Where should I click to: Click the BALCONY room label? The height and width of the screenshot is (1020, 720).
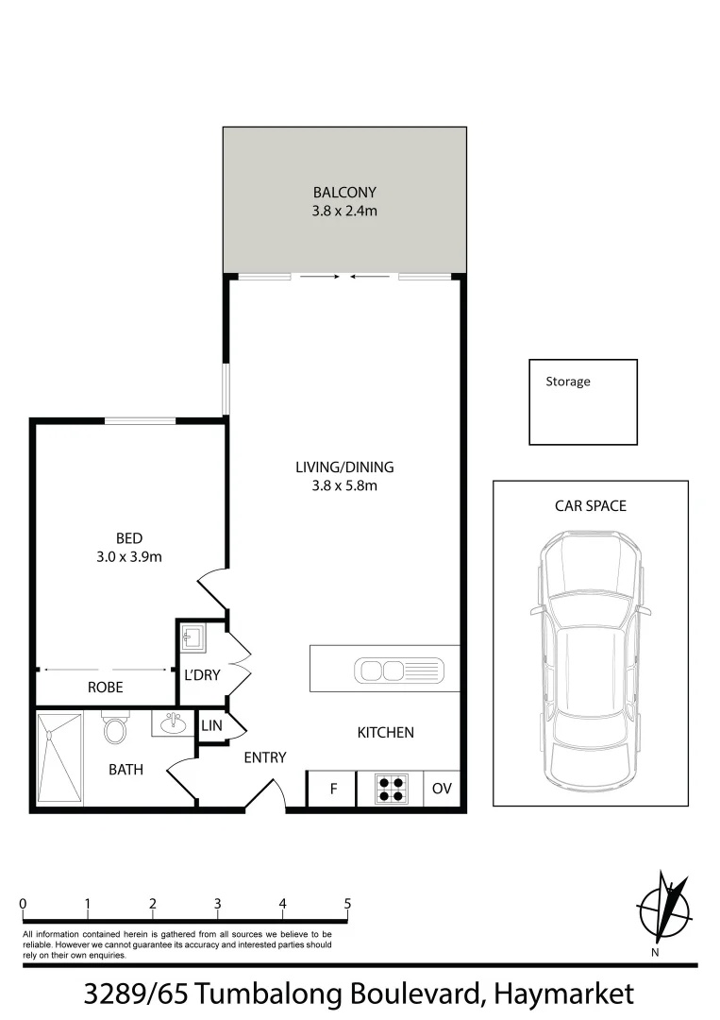coord(344,193)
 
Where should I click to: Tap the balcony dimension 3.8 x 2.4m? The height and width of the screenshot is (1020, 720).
coord(344,212)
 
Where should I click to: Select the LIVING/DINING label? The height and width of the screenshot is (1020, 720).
coord(344,467)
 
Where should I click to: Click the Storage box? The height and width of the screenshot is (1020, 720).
coord(582,401)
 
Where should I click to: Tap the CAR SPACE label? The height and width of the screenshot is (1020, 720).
coord(590,505)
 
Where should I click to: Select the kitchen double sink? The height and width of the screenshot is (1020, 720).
coord(393,671)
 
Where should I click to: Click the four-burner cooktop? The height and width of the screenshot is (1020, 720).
coord(392,789)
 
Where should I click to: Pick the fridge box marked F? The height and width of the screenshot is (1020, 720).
coord(332,789)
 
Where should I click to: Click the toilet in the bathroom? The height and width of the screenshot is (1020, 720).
coord(116,729)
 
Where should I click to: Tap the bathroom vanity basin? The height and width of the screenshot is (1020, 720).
coord(173,724)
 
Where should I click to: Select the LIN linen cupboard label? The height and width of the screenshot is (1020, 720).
coord(210,725)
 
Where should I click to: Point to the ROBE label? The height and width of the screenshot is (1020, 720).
coord(106,688)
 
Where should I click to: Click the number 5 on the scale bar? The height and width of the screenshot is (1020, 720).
coord(347,904)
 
